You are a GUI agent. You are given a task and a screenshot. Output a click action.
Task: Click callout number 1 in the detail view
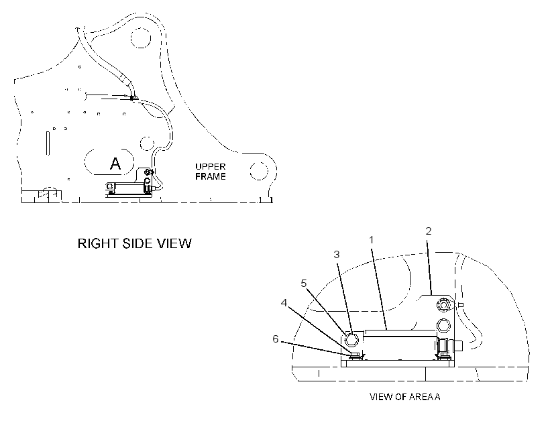click(372, 240)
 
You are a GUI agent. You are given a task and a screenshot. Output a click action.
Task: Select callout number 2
click(429, 231)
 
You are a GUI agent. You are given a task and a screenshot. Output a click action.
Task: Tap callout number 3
click(337, 255)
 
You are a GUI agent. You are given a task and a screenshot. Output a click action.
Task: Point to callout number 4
click(284, 302)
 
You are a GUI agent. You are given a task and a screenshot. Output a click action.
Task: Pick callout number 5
click(304, 284)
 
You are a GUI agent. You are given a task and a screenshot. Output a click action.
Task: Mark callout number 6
click(276, 339)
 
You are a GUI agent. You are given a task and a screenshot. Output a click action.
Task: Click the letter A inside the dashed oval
click(115, 164)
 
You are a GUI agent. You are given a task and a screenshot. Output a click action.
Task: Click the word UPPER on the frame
click(211, 166)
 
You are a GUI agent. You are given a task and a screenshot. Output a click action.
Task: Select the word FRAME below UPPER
click(211, 176)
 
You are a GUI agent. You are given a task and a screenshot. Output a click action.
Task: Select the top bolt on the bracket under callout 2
click(444, 304)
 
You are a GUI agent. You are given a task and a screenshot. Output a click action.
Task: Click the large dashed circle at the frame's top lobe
click(140, 38)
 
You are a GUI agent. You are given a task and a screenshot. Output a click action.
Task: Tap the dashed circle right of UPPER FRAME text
click(260, 171)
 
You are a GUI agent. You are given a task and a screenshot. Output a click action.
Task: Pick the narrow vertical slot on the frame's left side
click(48, 143)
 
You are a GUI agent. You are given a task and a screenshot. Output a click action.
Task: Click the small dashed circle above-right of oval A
click(147, 143)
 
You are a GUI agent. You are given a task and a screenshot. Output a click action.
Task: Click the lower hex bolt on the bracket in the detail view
click(443, 325)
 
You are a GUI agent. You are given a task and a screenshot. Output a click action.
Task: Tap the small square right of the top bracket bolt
click(461, 305)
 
